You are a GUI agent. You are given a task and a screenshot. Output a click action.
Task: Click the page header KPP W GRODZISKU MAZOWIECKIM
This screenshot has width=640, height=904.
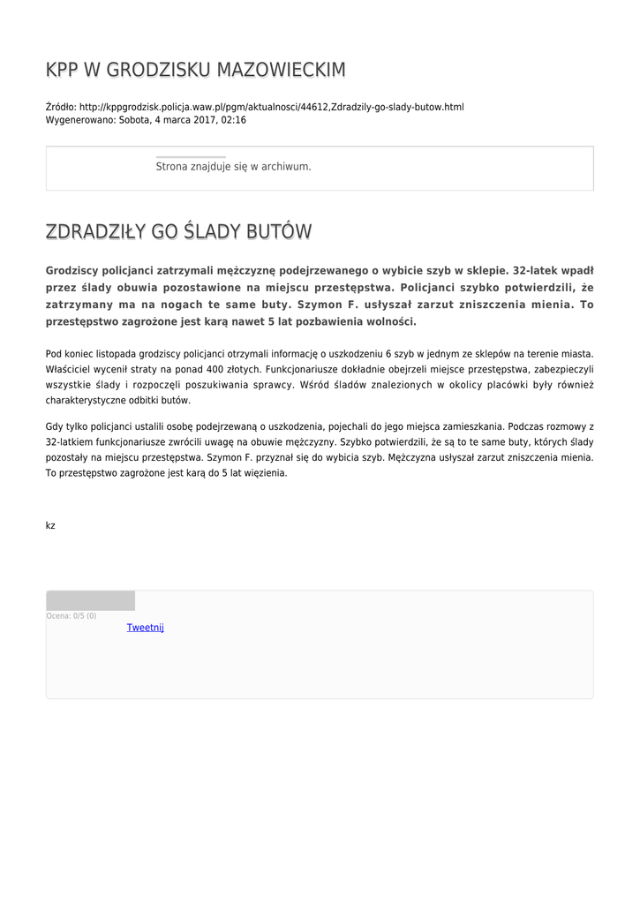coord(195,70)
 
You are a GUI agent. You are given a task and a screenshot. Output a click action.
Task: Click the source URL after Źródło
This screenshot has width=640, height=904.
coord(271,107)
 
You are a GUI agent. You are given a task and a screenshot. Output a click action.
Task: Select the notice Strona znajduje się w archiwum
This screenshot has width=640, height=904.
coord(233,166)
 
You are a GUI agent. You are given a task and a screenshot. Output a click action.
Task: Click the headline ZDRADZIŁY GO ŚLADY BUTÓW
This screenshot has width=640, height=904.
coord(178,232)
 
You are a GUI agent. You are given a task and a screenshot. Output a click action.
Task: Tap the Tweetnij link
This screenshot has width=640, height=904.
coord(146,628)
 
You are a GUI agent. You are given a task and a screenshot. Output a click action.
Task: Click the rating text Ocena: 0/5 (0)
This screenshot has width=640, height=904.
coord(72,615)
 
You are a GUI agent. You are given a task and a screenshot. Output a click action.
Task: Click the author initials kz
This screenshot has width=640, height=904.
coord(50,525)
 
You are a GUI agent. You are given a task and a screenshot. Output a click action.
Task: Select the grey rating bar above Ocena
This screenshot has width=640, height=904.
coord(90,600)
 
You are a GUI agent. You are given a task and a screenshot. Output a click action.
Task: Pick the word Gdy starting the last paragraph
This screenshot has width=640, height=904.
coord(54,426)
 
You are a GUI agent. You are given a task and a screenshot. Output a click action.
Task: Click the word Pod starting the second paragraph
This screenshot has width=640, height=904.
coord(54,353)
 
